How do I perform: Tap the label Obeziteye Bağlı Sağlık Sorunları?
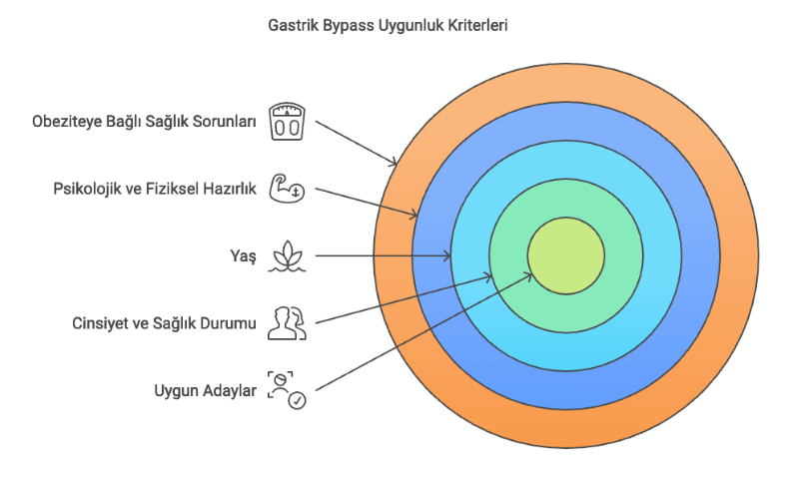[144, 123]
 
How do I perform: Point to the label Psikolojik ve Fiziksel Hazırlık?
[155, 189]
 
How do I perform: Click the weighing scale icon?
[288, 122]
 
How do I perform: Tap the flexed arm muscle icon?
[288, 188]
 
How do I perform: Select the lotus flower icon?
[288, 255]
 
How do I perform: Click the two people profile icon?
[288, 322]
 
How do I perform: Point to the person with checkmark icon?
[287, 389]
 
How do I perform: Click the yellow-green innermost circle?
[565, 256]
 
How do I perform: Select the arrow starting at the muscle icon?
[365, 202]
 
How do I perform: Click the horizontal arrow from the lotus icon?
[380, 256]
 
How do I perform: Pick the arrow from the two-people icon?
[400, 299]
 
